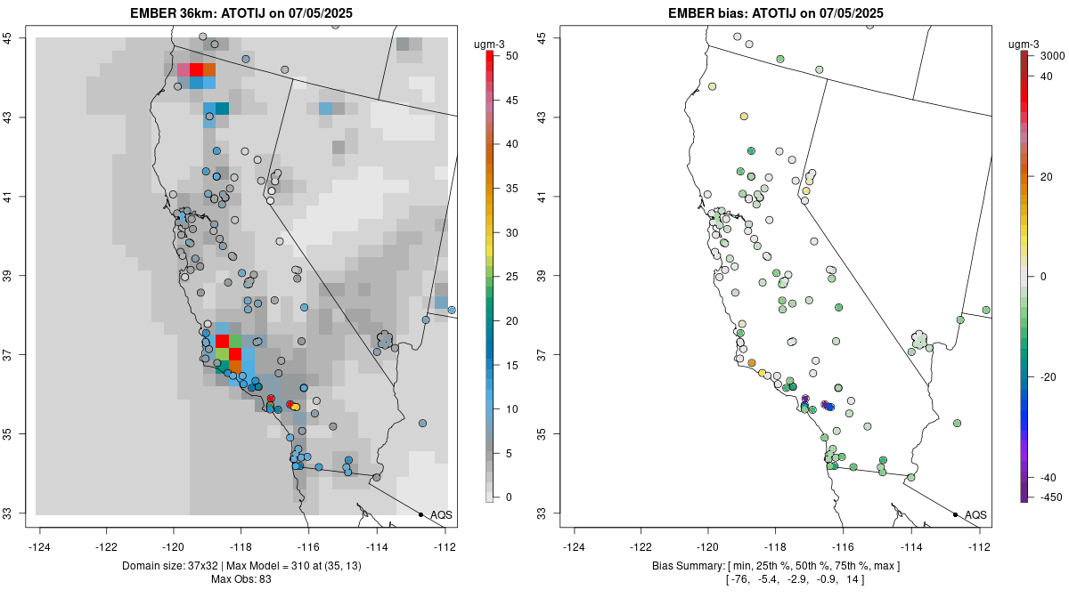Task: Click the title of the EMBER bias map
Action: (776, 12)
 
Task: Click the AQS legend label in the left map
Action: (441, 514)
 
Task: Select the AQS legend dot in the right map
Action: (955, 514)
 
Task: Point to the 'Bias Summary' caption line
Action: (776, 566)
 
